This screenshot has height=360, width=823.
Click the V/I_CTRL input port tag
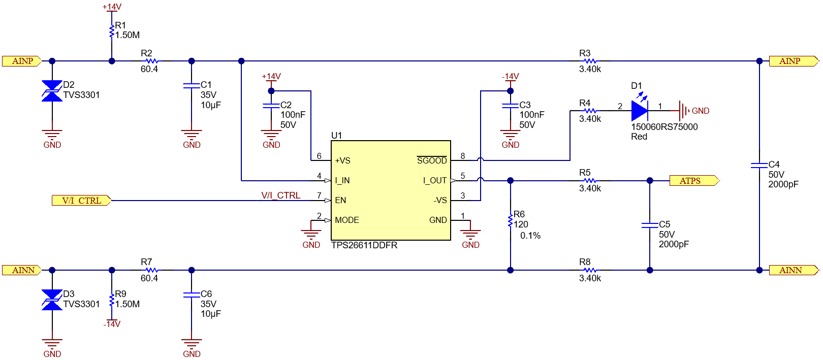point(81,201)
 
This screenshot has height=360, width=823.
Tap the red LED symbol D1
point(639,110)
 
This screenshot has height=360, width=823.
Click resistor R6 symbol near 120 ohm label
point(510,221)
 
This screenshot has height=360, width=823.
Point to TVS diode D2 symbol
point(52,91)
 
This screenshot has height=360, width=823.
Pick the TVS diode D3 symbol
point(52,300)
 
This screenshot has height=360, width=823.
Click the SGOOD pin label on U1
point(432,160)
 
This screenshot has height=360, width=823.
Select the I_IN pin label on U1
point(342,180)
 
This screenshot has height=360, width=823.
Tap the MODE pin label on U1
point(347,220)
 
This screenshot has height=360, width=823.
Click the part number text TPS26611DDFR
point(364,245)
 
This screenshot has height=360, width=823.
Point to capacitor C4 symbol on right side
point(759,166)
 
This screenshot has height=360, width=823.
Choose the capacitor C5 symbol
point(650,225)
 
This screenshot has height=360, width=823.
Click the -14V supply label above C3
point(510,77)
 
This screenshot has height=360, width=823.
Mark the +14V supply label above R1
point(112,7)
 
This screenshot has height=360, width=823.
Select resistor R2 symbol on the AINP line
point(151,61)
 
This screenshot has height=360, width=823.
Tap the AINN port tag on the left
point(22,270)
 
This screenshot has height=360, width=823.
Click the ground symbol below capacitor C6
point(192,343)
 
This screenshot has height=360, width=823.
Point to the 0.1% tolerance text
point(530,236)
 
